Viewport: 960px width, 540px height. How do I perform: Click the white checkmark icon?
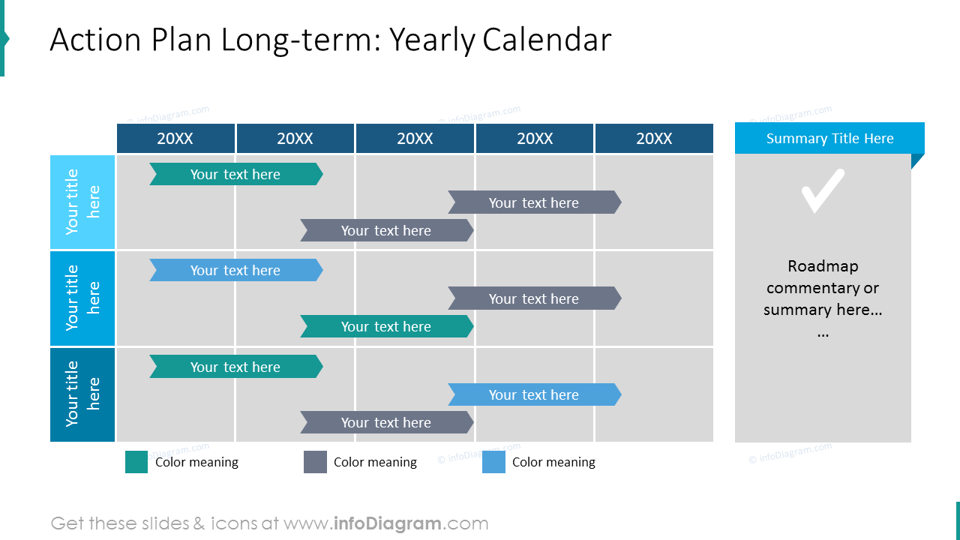pos(823,190)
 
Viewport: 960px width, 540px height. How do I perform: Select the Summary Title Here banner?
pos(829,139)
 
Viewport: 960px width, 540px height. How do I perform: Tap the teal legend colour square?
pos(136,462)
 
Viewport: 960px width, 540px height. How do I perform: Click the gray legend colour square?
pos(315,462)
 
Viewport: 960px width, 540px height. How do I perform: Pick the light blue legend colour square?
pos(493,462)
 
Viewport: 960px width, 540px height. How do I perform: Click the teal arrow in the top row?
pos(235,174)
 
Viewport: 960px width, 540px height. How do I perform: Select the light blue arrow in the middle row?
pos(235,270)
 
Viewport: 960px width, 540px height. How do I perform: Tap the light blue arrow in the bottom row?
pos(534,394)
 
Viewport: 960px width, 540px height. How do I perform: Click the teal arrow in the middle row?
pos(386,326)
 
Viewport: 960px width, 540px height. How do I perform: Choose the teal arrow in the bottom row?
pos(235,367)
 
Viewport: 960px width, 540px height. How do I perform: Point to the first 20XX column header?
pos(175,139)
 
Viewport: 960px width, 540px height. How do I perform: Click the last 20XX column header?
pos(654,139)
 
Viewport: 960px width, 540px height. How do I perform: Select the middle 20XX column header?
pos(415,139)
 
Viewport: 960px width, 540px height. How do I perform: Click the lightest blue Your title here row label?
pos(82,202)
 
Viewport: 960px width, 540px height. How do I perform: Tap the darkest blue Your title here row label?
pos(82,394)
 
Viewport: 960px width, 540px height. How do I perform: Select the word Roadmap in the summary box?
pos(823,266)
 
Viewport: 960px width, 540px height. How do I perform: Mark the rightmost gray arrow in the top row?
pos(534,202)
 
